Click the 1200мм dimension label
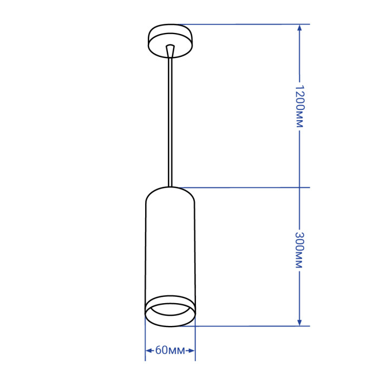299,106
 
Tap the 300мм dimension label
299,250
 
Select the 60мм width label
170,350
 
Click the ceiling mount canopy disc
170,41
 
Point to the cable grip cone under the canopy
170,51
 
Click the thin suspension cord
170,122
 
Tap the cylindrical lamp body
170,257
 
